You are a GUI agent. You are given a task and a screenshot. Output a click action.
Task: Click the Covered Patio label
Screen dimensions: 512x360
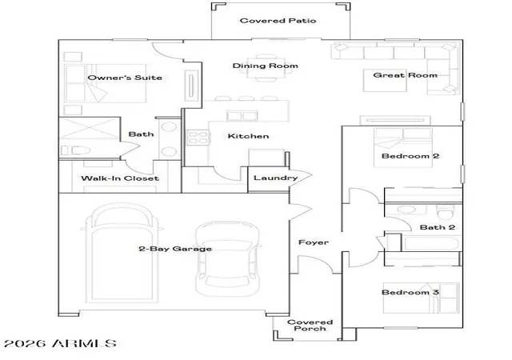278,21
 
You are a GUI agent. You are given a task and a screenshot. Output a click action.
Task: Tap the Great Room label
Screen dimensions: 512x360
405,75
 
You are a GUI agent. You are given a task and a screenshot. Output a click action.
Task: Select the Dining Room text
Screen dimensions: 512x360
265,66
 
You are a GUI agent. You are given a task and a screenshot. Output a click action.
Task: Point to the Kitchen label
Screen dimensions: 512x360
248,136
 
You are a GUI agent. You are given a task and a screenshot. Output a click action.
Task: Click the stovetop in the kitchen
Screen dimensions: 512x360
198,138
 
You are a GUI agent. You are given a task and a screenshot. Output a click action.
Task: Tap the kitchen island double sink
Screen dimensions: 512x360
242,116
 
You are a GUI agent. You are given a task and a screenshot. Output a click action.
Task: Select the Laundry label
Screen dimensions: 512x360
275,178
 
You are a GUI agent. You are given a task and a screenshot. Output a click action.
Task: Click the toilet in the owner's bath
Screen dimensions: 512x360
76,150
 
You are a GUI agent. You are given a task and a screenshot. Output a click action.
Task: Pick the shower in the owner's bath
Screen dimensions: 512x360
89,129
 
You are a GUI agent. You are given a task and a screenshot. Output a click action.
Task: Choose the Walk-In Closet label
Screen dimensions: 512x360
120,178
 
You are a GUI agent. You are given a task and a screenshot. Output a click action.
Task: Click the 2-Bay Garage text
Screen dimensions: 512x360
175,249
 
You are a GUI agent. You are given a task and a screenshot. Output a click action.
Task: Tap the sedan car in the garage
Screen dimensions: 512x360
227,258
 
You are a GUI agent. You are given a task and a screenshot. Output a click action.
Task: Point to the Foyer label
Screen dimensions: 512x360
314,242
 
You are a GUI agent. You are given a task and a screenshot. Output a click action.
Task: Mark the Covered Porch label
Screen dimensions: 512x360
310,325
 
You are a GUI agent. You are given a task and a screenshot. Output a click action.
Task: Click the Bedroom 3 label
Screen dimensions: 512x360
410,292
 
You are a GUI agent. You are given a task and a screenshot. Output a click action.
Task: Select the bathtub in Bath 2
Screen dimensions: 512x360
430,244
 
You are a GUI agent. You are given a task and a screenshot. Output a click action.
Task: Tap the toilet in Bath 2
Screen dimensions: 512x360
446,212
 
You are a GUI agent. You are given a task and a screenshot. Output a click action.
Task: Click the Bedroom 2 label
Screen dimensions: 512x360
410,156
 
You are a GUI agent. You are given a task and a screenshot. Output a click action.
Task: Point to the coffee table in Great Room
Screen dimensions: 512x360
385,80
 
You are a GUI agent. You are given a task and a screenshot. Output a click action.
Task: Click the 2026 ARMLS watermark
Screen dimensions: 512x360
61,343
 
